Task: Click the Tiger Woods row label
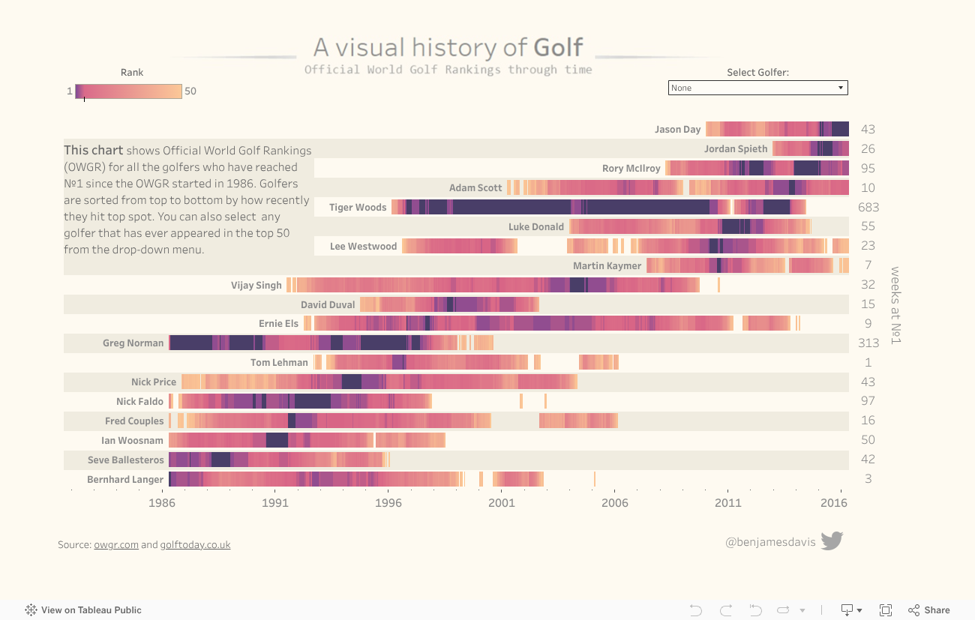tap(358, 208)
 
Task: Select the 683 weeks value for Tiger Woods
tap(868, 208)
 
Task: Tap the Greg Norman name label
tap(133, 343)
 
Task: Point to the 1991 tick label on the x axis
tap(275, 503)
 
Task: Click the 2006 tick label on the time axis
tap(615, 503)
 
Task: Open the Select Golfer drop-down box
tap(757, 88)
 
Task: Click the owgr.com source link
tap(116, 545)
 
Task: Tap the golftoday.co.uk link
tap(195, 545)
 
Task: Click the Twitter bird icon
tap(832, 541)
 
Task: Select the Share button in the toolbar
tap(929, 610)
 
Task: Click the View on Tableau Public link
tap(83, 610)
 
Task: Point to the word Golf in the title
tap(558, 48)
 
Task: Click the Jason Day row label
tap(677, 130)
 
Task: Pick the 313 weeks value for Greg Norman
tap(868, 343)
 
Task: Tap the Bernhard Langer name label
tap(125, 480)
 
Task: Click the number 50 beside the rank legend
tap(190, 91)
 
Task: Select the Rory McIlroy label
tap(631, 169)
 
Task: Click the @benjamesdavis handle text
tap(770, 542)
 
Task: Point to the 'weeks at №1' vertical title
tap(895, 305)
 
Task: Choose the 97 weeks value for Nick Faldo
tap(868, 401)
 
